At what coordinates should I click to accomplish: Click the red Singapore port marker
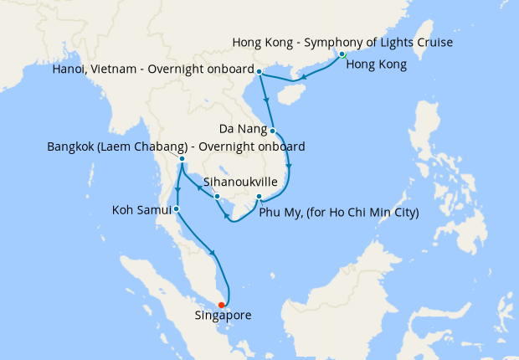[221, 305]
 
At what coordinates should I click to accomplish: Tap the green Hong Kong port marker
[342, 54]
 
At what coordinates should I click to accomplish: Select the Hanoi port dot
[259, 71]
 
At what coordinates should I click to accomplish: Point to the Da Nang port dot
[273, 130]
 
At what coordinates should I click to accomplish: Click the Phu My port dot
[259, 197]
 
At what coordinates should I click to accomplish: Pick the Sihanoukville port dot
[217, 197]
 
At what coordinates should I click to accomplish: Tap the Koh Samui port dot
[176, 208]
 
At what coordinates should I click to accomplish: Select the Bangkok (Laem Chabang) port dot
[182, 158]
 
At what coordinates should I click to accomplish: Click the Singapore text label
[223, 316]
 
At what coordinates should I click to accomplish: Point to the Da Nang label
[244, 129]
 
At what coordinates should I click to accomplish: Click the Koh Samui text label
[141, 208]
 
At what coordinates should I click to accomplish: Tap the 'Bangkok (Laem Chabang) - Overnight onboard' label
[176, 147]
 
